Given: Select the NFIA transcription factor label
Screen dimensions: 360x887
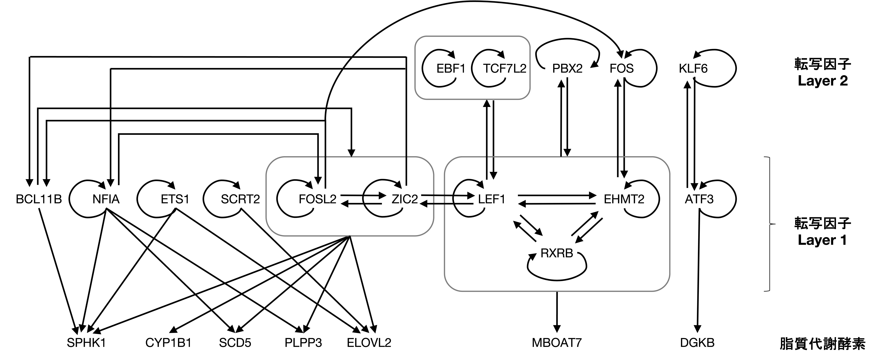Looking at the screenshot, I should pyautogui.click(x=106, y=199).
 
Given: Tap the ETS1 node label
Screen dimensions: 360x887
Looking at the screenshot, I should pyautogui.click(x=175, y=199).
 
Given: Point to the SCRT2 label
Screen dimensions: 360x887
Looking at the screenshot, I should pyautogui.click(x=240, y=199).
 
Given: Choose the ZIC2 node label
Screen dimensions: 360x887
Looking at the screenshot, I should pyautogui.click(x=405, y=199).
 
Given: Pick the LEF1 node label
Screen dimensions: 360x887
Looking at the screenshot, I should pyautogui.click(x=491, y=199).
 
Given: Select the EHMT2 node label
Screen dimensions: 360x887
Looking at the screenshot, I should pyautogui.click(x=624, y=199).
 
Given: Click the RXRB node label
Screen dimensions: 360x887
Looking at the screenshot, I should pyautogui.click(x=557, y=253).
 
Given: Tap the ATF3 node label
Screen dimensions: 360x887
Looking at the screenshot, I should pyautogui.click(x=699, y=199).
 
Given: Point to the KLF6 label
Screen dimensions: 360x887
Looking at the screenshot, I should pyautogui.click(x=693, y=69).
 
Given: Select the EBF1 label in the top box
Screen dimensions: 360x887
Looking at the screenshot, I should pyautogui.click(x=451, y=69).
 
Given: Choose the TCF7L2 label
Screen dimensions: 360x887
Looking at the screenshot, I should pyautogui.click(x=504, y=69).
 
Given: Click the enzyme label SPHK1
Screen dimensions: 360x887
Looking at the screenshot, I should pyautogui.click(x=86, y=343).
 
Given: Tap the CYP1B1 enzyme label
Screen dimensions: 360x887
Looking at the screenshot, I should pyautogui.click(x=168, y=343).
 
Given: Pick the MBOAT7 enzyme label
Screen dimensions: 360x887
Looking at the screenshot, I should pyautogui.click(x=557, y=343).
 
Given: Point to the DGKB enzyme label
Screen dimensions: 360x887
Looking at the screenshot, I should pyautogui.click(x=697, y=343).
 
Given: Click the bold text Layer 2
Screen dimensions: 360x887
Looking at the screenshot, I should pyautogui.click(x=823, y=81).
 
